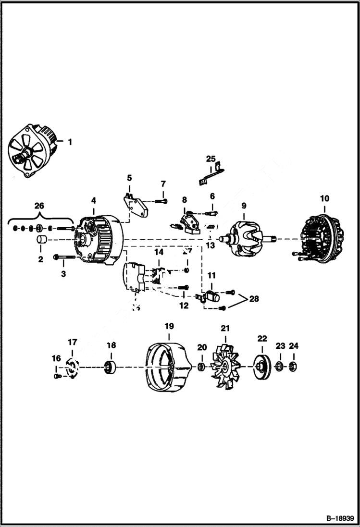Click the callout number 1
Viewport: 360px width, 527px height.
pyautogui.click(x=70, y=142)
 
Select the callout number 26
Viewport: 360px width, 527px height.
pyautogui.click(x=39, y=206)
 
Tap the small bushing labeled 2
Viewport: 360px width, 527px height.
pyautogui.click(x=40, y=240)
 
